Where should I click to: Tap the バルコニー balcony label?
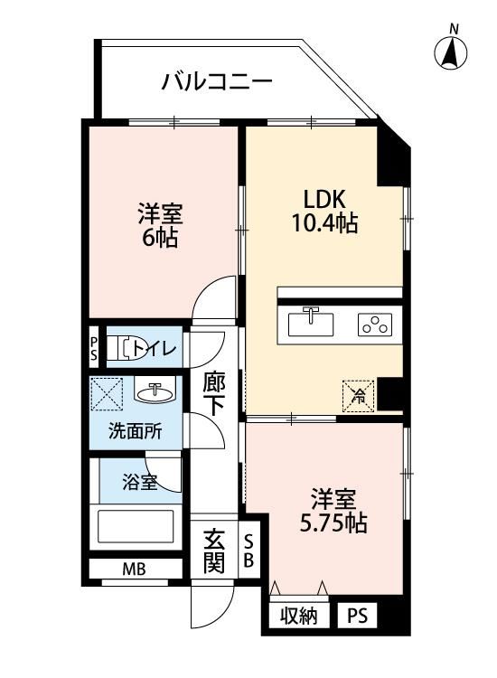217,83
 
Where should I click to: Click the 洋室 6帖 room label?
160,226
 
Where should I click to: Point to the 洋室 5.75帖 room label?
333,511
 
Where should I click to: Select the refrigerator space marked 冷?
358,394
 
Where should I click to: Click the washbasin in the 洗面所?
155,392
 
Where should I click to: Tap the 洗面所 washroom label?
135,431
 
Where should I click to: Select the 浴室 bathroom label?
140,481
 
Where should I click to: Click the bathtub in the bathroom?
136,527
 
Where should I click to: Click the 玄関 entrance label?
214,551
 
